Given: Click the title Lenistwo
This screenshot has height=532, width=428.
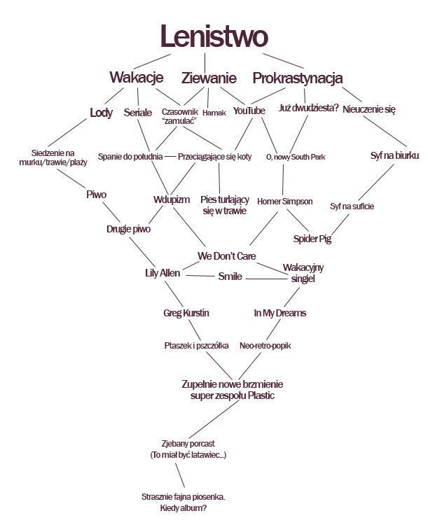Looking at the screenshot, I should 213,36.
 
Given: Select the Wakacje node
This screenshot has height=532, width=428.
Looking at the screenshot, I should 136,77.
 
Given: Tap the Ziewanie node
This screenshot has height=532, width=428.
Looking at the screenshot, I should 208,77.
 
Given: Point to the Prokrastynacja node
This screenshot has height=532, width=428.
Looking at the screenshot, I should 297,77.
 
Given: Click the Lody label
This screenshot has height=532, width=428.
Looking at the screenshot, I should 102,112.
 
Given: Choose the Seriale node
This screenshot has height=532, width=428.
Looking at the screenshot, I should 138,112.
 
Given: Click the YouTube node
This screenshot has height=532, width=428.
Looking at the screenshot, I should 249,111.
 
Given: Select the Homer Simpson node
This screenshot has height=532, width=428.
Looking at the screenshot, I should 284,202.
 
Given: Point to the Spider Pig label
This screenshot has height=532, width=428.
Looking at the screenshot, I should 312,239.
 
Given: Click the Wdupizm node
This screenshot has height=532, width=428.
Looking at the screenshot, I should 172,200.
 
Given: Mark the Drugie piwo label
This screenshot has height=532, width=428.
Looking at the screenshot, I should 128,228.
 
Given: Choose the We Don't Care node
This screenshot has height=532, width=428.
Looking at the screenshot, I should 221,255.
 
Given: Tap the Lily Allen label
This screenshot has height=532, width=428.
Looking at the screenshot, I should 162,273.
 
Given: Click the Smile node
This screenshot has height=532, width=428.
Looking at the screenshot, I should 230,276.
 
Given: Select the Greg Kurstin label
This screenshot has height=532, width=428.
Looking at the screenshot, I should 186,313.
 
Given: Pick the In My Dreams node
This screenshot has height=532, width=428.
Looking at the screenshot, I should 279,313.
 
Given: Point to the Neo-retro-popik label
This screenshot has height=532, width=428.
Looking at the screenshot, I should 265,346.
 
